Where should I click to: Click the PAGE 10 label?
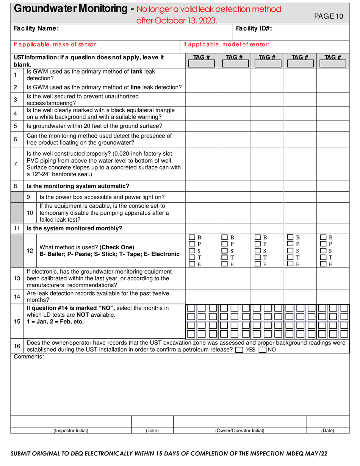tap(329, 16)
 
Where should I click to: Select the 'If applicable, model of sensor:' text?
tap(226, 45)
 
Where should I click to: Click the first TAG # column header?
tap(202, 57)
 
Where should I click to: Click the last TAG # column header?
tap(332, 57)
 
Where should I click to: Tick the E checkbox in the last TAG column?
tap(324, 264)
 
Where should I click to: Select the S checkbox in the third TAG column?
tap(258, 251)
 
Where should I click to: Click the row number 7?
tap(15, 164)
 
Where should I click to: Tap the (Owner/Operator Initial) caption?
tap(239, 430)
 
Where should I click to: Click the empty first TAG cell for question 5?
tap(202, 126)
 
